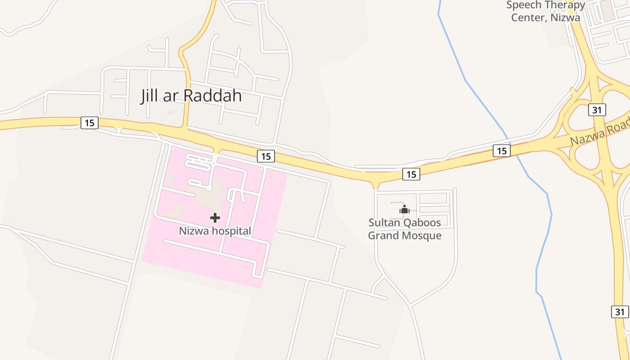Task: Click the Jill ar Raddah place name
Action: pos(191,95)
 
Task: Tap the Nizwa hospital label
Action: pos(215,231)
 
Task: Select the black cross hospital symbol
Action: pos(215,218)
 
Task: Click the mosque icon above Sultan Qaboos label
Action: pos(404,209)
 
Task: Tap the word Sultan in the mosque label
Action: pos(383,222)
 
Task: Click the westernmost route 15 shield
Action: pos(90,122)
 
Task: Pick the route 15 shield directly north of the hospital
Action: pos(266,156)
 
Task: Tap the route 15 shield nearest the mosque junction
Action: pos(411,174)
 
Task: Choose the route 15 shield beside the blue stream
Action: pos(502,151)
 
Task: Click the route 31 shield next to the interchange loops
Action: pos(597,110)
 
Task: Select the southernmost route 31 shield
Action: pos(620,311)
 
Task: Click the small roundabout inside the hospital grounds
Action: pos(209,189)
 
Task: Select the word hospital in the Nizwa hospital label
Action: pos(232,231)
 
